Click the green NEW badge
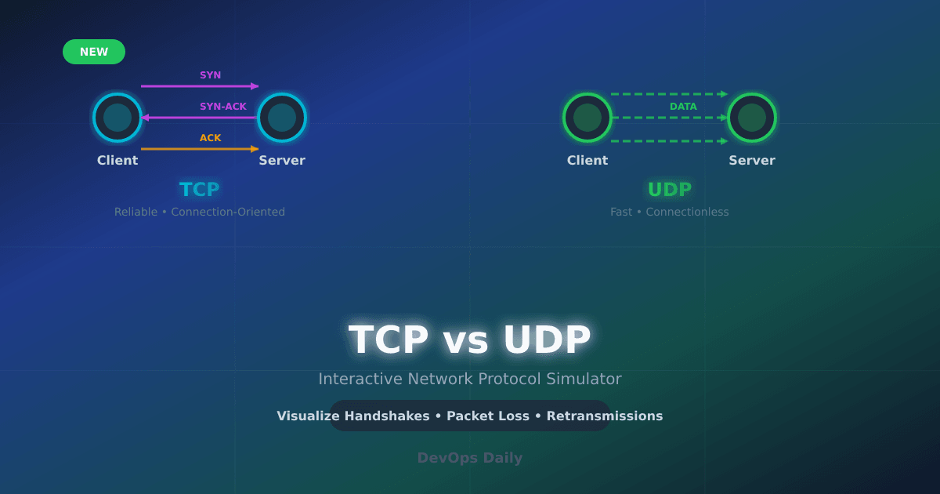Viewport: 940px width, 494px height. pos(94,52)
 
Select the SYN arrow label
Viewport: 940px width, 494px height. pos(210,75)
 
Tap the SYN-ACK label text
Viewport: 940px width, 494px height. pos(222,107)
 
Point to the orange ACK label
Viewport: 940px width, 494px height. pos(210,138)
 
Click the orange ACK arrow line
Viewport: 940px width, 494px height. pos(196,149)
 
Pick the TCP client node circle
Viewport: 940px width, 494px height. pos(117,118)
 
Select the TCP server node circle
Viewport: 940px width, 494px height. pos(282,118)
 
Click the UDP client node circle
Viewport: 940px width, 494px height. pos(587,118)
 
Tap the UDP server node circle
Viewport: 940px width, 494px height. pos(752,118)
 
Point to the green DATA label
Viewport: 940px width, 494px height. pos(683,107)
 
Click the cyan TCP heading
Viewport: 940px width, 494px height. pos(199,190)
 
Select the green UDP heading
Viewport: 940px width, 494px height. pos(669,190)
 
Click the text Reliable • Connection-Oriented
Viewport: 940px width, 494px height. pos(200,212)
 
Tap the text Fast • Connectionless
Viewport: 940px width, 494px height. pos(669,212)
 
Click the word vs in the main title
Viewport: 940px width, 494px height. pos(465,341)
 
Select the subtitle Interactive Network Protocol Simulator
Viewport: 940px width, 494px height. pos(470,379)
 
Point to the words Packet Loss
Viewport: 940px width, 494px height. pos(487,416)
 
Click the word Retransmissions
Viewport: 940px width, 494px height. pos(604,416)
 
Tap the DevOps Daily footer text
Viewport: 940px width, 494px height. pos(469,458)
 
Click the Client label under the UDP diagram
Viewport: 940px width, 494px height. pos(587,161)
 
